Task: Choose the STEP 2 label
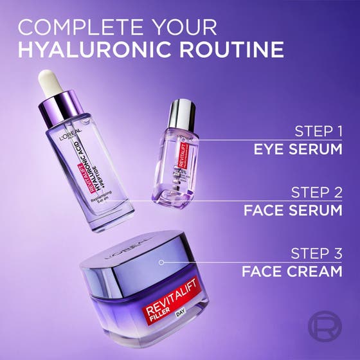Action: tap(316, 192)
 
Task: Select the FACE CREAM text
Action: tap(292, 271)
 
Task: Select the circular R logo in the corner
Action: tap(325, 326)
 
